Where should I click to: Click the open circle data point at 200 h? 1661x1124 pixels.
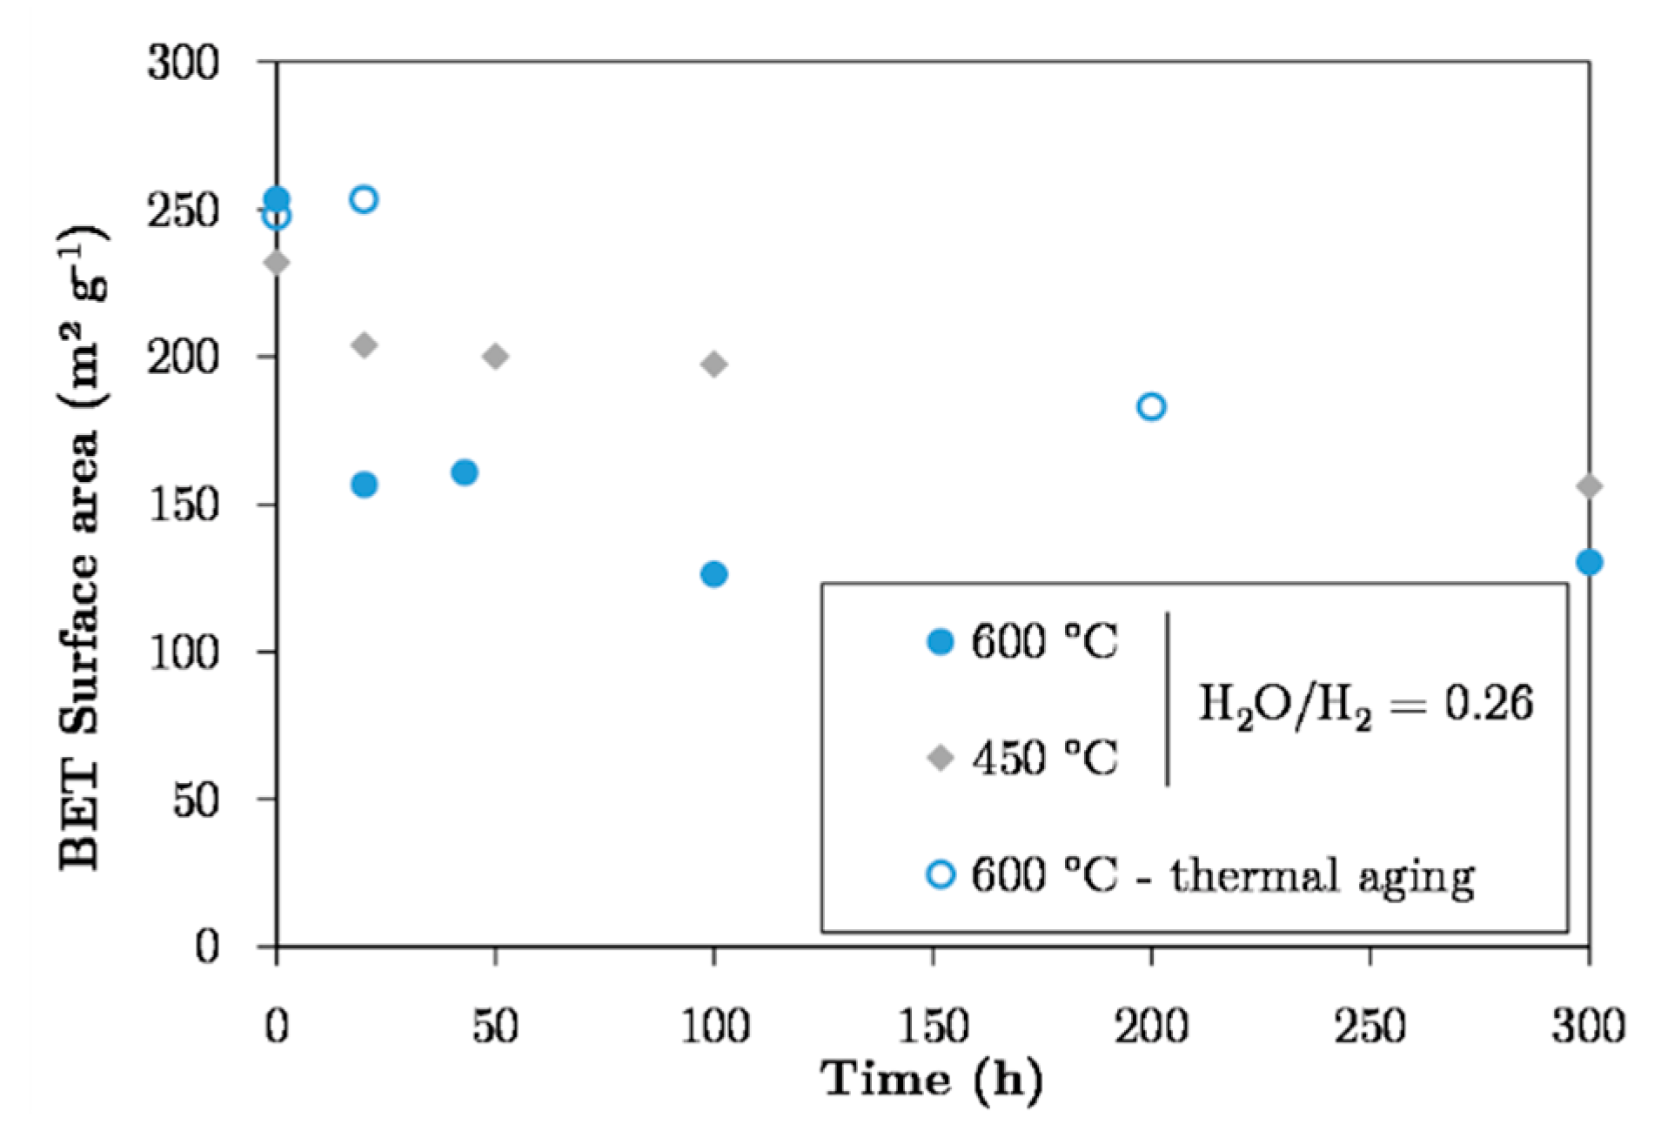1150,406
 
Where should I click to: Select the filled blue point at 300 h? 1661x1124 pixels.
1588,562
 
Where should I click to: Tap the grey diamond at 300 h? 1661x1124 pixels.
1588,486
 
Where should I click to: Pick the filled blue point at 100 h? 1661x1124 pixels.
713,574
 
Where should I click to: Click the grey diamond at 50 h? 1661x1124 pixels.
495,356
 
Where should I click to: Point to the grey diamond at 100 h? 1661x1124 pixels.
713,365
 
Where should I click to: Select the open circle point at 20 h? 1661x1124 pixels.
364,199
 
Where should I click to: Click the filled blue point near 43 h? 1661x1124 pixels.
465,472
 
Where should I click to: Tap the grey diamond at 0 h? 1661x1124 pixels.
277,262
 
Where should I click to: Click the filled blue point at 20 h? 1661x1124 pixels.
364,485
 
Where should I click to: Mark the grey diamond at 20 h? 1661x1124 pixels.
365,345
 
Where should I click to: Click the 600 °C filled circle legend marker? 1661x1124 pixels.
941,643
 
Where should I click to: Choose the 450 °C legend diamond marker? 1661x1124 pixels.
941,758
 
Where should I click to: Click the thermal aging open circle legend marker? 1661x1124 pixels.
941,873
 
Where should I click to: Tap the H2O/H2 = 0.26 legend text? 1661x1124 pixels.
1364,704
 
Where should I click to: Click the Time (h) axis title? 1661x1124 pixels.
932,1080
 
